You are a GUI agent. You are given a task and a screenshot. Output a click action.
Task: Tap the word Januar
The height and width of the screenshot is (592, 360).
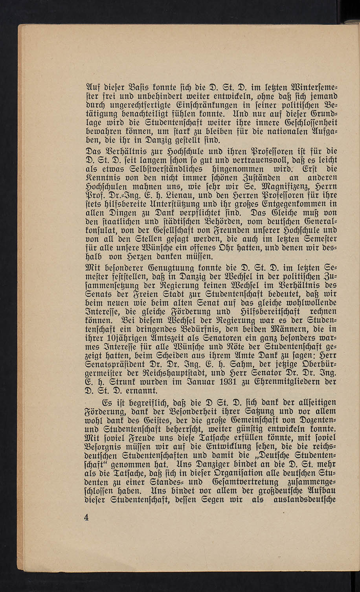(184, 381)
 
